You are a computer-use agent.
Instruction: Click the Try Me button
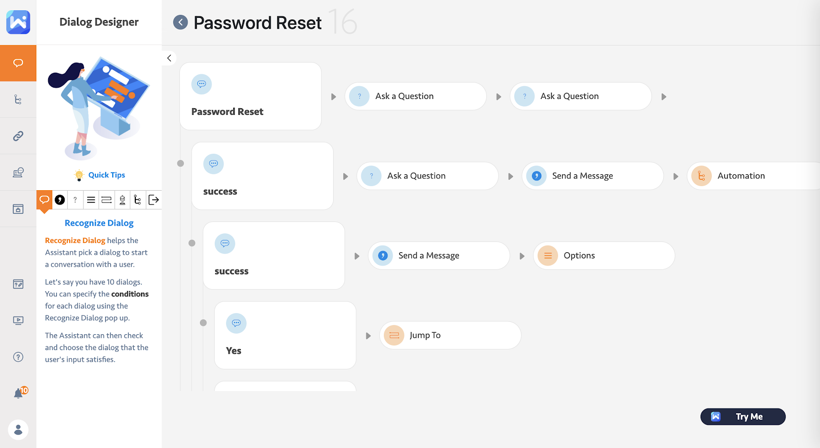743,417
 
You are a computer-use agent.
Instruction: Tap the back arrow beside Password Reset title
180,23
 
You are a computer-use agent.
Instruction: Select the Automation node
754,176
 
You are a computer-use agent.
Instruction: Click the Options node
604,255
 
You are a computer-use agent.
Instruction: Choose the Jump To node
450,335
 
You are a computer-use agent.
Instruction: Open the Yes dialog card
285,335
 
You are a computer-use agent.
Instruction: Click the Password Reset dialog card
251,96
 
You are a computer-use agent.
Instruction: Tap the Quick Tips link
107,175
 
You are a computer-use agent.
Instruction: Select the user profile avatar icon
18,430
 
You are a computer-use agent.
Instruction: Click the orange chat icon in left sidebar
18,63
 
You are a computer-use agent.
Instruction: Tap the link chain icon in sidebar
18,136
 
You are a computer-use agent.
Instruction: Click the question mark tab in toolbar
75,200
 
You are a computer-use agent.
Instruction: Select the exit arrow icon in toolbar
154,200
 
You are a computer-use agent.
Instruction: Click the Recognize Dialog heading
99,223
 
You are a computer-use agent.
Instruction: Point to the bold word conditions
130,294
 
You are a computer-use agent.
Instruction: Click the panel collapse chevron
169,58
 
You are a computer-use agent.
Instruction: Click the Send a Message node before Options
439,255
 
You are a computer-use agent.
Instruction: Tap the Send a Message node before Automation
592,176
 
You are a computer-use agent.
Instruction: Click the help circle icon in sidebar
18,357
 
